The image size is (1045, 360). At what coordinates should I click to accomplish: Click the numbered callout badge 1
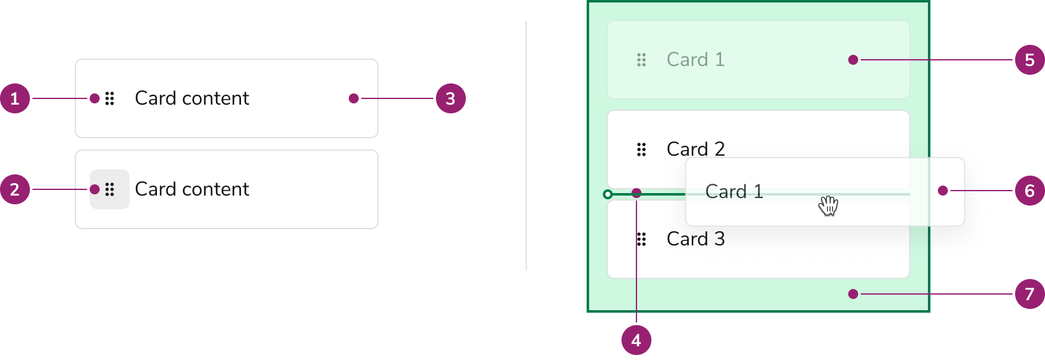coord(15,98)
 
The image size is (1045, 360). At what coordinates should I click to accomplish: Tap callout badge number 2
coord(15,189)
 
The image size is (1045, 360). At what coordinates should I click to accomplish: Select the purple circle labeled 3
coord(450,98)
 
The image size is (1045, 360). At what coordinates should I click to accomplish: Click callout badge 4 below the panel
coord(636,339)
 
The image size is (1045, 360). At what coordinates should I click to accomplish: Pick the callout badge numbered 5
coord(1029,60)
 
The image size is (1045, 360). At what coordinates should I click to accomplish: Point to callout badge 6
coord(1029,191)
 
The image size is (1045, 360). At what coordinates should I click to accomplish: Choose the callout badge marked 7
coord(1029,294)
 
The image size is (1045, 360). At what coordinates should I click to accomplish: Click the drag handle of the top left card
coord(110,98)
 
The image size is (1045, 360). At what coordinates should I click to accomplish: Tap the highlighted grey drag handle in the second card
coord(110,189)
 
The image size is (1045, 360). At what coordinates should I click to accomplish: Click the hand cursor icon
coord(828,205)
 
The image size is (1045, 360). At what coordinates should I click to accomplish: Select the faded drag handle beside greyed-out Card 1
coord(641,60)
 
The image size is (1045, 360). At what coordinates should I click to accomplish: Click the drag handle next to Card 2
coord(641,149)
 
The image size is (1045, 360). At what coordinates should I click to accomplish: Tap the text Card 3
coord(696,239)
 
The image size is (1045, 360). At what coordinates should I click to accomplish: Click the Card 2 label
coord(696,149)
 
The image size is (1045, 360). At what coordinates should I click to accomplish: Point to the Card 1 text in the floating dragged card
coord(734,192)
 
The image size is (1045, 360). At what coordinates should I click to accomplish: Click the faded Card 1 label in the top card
coord(696,60)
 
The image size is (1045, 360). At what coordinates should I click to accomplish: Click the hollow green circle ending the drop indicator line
coord(608,194)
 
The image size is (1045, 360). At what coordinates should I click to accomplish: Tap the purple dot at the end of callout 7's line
coord(853,294)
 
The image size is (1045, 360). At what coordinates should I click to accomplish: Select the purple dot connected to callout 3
coord(354,98)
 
